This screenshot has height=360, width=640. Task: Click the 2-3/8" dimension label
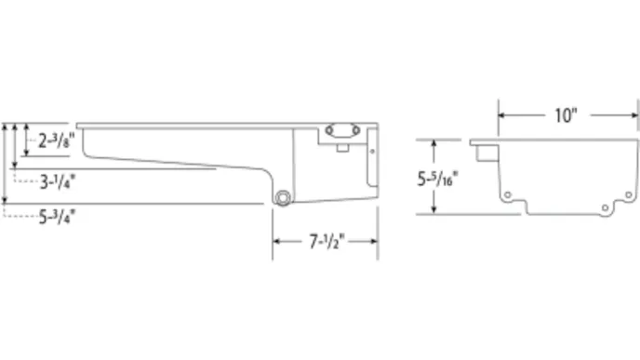tap(57, 140)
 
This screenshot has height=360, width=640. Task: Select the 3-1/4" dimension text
tap(58, 181)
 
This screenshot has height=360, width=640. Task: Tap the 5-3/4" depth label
tap(57, 217)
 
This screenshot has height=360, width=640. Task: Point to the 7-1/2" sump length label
tap(327, 241)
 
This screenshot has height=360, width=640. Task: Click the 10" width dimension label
tap(567, 115)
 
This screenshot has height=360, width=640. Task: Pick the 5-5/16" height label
tap(437, 179)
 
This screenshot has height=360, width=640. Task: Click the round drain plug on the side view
tap(283, 198)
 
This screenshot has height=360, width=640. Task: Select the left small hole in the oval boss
tap(329, 130)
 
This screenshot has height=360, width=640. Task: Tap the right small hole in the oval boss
tap(356, 130)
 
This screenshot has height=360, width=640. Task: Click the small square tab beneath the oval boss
tap(343, 148)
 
